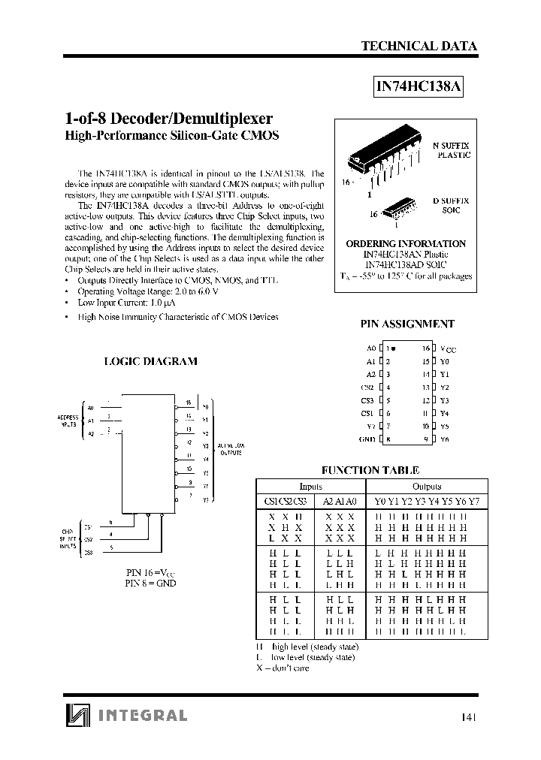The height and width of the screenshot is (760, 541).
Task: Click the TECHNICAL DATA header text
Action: tap(419, 46)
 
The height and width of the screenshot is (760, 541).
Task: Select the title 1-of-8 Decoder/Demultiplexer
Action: tap(169, 119)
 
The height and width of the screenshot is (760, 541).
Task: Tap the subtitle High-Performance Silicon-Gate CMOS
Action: tap(172, 136)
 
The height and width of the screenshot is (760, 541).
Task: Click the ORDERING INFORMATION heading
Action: tap(406, 244)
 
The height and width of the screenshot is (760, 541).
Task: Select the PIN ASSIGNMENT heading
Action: tap(407, 324)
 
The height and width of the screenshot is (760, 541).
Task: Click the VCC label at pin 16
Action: tap(447, 349)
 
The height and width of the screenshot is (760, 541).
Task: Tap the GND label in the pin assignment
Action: tap(367, 439)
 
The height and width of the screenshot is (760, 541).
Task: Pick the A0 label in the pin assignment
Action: tap(370, 348)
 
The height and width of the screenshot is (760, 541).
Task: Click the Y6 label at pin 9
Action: tap(444, 439)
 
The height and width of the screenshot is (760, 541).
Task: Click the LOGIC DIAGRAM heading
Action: tap(150, 361)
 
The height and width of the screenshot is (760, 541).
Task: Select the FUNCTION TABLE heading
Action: tap(370, 470)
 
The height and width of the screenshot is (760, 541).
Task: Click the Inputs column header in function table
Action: tap(310, 486)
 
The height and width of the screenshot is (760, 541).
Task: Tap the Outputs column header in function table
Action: tap(427, 486)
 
